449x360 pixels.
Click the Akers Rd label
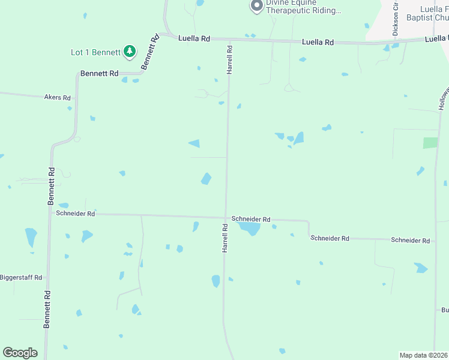57,97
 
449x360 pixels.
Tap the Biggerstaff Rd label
21,277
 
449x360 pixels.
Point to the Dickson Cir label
396,20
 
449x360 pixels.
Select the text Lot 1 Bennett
95,52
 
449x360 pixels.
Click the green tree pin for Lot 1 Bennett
129,52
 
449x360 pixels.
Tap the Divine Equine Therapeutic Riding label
304,7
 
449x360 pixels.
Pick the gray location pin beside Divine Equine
256,6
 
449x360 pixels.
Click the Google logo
20,353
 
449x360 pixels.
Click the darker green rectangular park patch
430,143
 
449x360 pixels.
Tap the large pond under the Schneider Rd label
249,228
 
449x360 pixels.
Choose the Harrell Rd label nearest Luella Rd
229,59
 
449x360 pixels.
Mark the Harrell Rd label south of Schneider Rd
225,238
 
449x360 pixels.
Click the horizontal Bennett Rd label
99,73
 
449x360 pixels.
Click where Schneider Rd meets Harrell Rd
226,218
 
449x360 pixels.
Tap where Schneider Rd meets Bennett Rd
49,212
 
